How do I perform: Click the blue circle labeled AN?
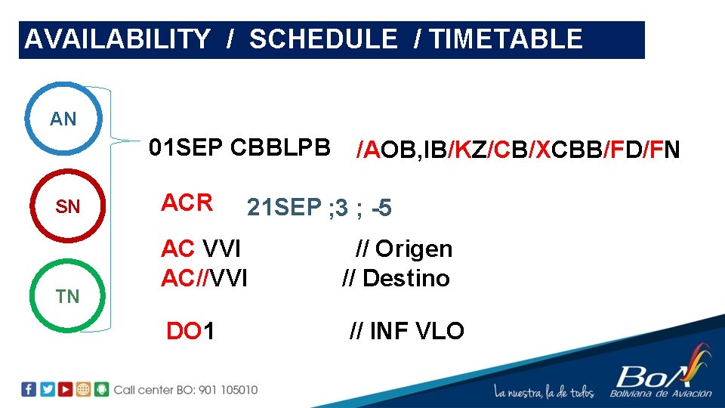tap(63, 119)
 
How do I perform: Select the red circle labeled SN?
tap(68, 206)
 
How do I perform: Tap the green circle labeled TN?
tap(68, 296)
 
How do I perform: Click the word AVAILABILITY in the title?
tap(117, 39)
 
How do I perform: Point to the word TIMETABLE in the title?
tap(505, 39)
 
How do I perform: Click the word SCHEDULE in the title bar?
tap(323, 39)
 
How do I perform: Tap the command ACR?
tap(187, 202)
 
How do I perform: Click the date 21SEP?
tap(284, 207)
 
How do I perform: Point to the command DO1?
tap(190, 330)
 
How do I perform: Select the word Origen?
tap(414, 249)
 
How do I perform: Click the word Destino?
tap(406, 278)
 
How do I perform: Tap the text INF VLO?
tap(417, 330)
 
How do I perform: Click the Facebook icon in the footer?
tap(29, 390)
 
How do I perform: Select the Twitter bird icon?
tap(47, 390)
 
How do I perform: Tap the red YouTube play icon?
tap(65, 390)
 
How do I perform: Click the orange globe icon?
tap(83, 390)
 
